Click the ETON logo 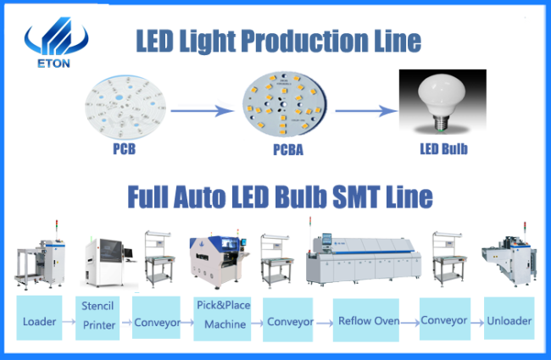55,42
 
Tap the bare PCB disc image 125,107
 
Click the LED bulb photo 442,102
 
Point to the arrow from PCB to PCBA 202,111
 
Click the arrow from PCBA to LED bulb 366,111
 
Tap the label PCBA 288,150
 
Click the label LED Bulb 444,149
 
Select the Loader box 39,318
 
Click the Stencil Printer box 97,318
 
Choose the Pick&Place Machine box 222,318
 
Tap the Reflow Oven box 366,320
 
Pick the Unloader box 509,318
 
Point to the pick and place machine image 219,260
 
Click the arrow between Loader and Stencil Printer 69,321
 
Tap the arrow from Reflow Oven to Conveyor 409,323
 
